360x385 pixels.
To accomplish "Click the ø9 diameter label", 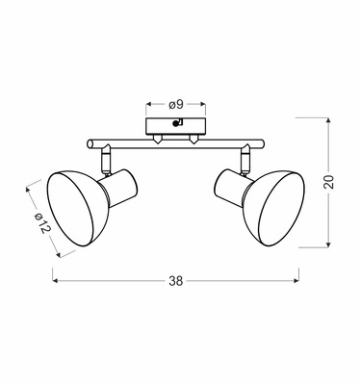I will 173,104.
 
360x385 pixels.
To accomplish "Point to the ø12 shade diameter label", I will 39,225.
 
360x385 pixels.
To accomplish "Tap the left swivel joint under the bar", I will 105,153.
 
